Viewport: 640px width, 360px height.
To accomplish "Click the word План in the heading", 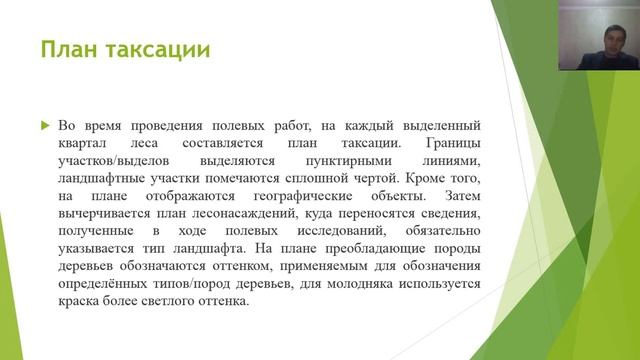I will click(68, 49).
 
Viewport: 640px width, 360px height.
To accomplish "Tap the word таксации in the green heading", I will click(156, 49).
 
